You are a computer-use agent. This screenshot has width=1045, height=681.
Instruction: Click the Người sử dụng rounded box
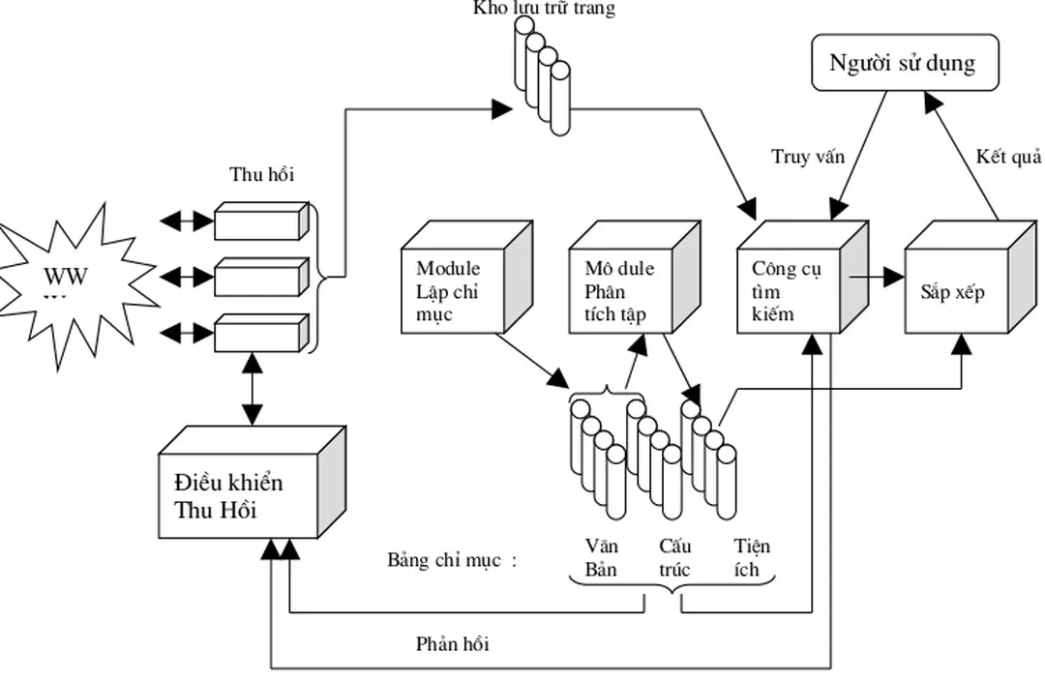pos(902,64)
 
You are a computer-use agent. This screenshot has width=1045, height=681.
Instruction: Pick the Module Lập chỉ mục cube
pos(455,288)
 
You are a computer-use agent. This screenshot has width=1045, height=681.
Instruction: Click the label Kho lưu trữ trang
pos(544,9)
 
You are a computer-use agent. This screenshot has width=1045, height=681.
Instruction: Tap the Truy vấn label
pos(808,157)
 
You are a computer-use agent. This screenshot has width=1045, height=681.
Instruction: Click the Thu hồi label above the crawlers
pos(261,175)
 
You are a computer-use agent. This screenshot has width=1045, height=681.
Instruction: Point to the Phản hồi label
pos(452,643)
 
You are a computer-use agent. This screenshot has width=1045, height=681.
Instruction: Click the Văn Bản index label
pos(602,558)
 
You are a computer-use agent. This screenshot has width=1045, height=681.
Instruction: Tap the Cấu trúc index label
pos(674,558)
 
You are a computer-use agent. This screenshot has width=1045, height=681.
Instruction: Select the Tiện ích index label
pos(752,558)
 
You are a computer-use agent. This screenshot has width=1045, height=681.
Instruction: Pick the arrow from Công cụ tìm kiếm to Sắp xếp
pos(877,278)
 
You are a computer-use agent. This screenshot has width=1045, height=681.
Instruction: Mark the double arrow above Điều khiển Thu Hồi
pos(253,390)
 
